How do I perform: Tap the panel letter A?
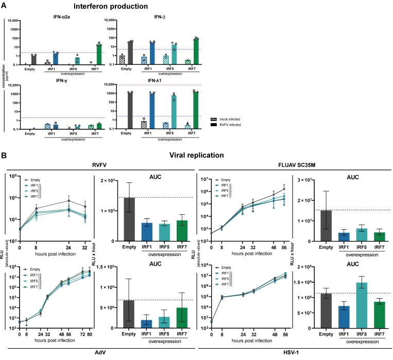pyautogui.click(x=4, y=6)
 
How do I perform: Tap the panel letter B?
pyautogui.click(x=4, y=153)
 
